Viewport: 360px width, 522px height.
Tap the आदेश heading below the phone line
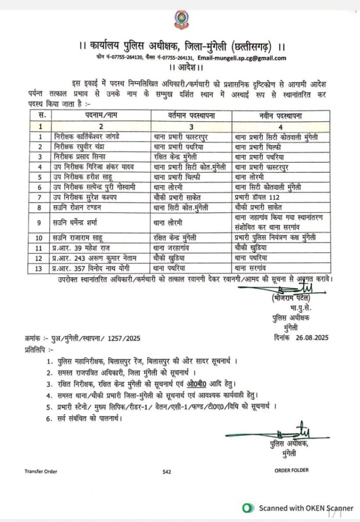click(179, 67)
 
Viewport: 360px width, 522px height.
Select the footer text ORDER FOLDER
click(291, 470)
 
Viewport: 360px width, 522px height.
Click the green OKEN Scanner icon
click(248, 508)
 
